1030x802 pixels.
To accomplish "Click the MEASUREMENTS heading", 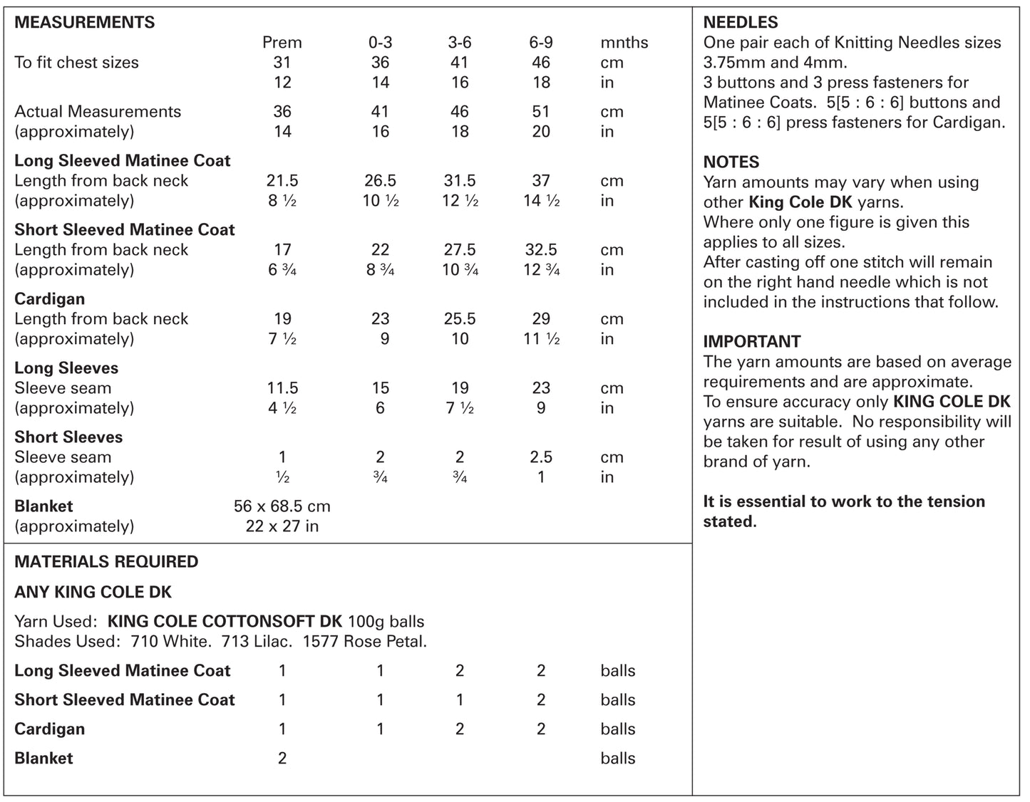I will pos(84,22).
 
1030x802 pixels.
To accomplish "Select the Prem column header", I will pos(282,43).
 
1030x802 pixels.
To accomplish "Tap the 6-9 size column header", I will pos(541,43).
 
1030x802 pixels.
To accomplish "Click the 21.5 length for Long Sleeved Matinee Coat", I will pos(282,181).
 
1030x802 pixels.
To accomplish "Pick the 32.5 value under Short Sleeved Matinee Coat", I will pos(541,250).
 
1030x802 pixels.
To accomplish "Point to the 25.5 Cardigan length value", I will pos(460,319).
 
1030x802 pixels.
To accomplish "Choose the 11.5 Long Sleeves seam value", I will pos(282,388).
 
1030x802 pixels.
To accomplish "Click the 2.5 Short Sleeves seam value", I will pos(541,457).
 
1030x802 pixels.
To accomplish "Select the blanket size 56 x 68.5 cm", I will pos(282,506).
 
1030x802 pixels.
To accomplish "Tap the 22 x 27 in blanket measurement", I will pos(282,526).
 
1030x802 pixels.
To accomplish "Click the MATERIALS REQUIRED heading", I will pos(106,562).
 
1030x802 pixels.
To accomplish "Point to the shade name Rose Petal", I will pos(385,642).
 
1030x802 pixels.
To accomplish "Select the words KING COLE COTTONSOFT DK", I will pos(225,622).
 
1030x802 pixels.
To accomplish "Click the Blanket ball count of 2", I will pos(282,759).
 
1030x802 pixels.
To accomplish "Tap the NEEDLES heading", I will pos(741,22).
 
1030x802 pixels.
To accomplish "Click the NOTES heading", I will pos(731,162).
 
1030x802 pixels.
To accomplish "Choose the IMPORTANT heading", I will pos(752,341).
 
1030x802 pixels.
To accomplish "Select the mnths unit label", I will pos(624,43).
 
